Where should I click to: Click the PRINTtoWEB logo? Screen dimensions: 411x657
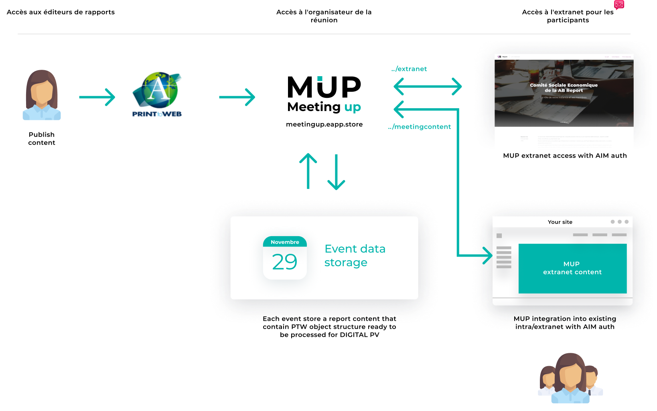[157, 95]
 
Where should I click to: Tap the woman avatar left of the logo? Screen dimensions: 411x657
[42, 95]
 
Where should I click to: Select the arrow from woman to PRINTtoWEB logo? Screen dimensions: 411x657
[97, 97]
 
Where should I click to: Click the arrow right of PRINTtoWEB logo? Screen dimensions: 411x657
[237, 97]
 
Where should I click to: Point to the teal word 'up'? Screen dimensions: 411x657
[353, 107]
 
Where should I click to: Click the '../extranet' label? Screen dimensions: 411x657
[409, 69]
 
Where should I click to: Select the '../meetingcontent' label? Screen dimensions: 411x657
[420, 127]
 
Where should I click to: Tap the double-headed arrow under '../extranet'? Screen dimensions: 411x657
[428, 86]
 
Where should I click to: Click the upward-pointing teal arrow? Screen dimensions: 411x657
[308, 171]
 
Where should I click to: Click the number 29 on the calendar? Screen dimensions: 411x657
[284, 262]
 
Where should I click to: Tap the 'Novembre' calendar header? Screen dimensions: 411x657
[285, 242]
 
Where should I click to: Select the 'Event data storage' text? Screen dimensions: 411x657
[355, 255]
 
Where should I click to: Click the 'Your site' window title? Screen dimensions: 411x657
[560, 222]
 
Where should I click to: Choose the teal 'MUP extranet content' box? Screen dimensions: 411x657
[572, 268]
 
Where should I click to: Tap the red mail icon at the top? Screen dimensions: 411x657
[619, 5]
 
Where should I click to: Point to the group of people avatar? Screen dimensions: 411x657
[570, 379]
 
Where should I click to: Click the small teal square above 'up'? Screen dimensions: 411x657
[320, 79]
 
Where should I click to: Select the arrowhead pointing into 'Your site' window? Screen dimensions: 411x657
[488, 255]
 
